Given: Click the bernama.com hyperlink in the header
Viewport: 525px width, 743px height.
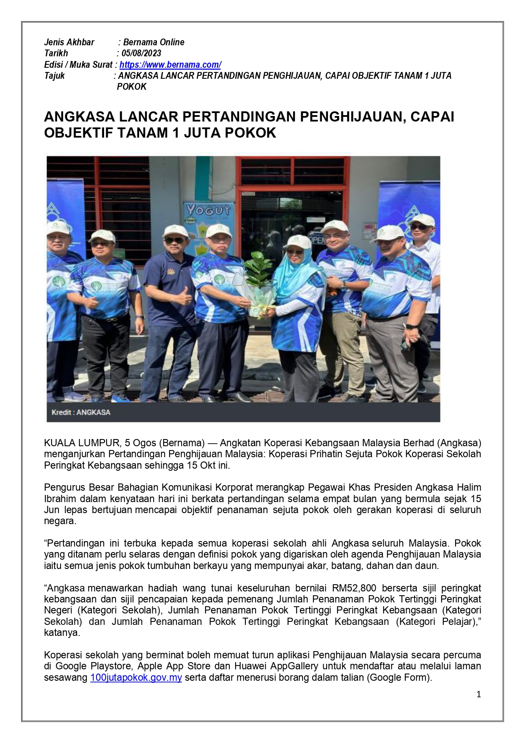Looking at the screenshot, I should point(170,65).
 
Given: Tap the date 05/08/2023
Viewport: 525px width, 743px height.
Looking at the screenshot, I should point(141,53).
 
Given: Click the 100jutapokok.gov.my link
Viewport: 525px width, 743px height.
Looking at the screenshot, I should point(136,677).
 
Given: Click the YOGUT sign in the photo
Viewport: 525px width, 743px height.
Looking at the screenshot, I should point(208,210).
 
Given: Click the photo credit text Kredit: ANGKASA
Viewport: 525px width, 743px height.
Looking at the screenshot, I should point(81,412).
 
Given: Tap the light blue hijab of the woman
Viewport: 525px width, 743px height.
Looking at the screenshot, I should point(296,271).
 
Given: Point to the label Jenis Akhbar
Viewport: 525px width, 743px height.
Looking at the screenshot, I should point(69,42).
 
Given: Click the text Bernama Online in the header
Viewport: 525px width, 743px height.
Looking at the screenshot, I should point(154,42).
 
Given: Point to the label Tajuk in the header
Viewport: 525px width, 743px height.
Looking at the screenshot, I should point(55,76).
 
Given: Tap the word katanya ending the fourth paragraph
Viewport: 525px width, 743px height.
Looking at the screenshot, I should point(62,633).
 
